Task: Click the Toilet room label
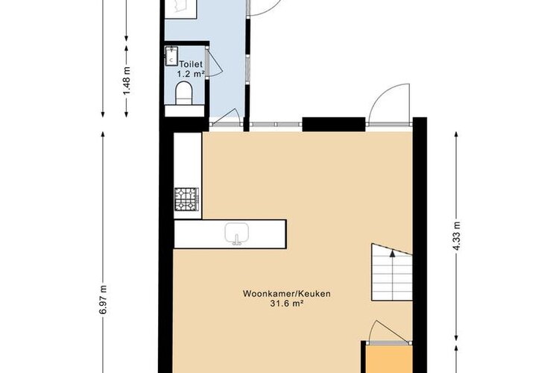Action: [191, 64]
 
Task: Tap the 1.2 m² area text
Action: [191, 74]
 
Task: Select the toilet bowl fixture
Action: [184, 93]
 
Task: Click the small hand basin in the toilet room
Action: [171, 56]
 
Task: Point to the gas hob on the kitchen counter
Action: [186, 199]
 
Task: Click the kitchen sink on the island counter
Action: [236, 233]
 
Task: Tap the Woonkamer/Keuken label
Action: [287, 294]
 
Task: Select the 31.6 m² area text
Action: [287, 304]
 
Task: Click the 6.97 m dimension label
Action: [103, 299]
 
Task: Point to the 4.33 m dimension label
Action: [457, 236]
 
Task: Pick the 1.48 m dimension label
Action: [127, 81]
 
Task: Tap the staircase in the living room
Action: [392, 272]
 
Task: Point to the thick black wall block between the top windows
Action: [334, 125]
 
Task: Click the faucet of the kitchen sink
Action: [236, 240]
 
